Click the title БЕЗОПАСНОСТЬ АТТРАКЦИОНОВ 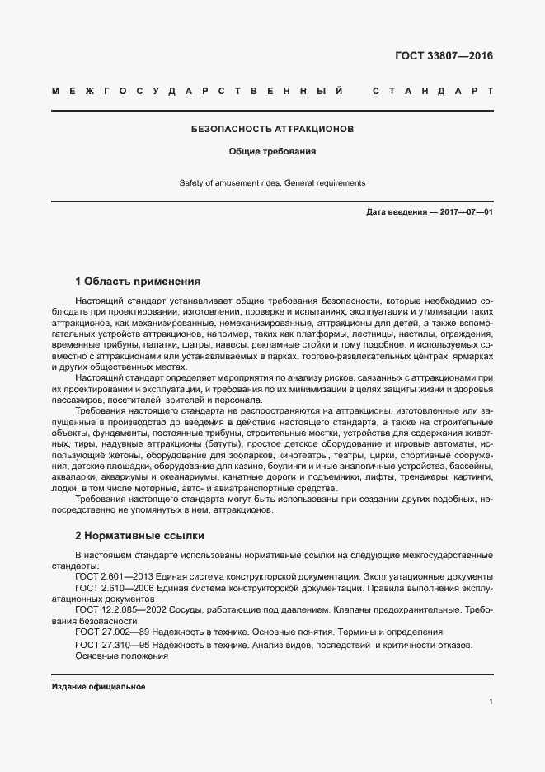[x=272, y=130]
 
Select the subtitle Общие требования [x=272, y=152]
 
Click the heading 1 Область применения [x=138, y=281]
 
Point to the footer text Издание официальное [x=98, y=687]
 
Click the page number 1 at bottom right [x=491, y=702]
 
